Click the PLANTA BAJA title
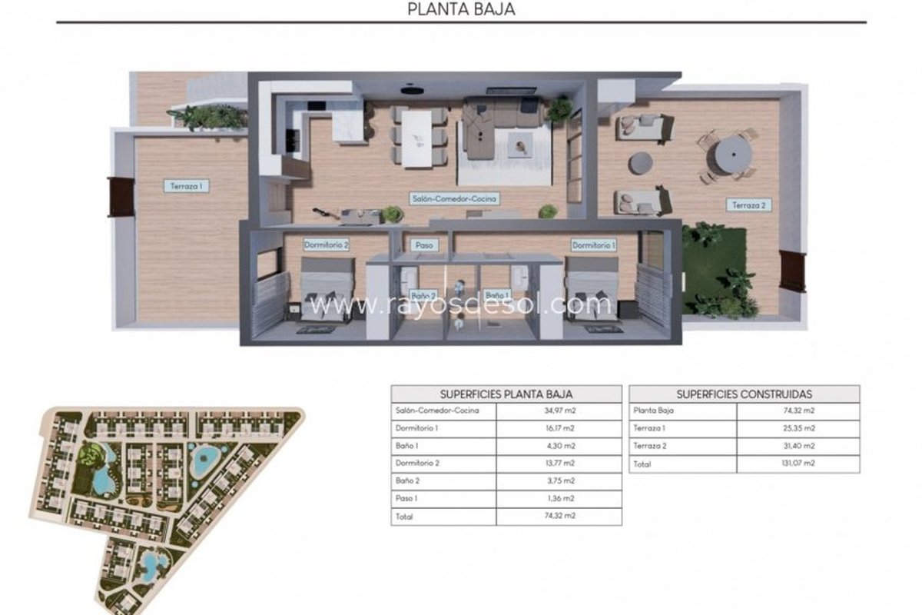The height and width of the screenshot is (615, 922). (x=461, y=9)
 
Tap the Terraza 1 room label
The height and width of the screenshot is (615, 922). (x=187, y=186)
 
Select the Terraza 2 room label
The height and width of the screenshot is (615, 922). (x=748, y=205)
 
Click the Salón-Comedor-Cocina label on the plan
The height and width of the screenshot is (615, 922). (x=454, y=198)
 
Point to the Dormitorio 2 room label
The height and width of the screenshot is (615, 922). (x=326, y=245)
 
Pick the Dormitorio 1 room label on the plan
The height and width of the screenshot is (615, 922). (x=593, y=245)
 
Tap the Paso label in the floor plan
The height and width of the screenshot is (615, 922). (x=424, y=245)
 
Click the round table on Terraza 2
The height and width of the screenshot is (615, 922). (x=733, y=155)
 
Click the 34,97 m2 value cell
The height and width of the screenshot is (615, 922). (x=560, y=411)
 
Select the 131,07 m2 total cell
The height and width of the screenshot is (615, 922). (x=798, y=463)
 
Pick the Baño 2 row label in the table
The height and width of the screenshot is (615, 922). (x=407, y=480)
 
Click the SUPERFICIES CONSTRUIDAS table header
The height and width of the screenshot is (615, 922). (x=745, y=394)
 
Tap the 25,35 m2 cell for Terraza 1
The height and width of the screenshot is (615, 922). (x=798, y=428)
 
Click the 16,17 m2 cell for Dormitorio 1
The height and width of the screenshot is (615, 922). (x=560, y=428)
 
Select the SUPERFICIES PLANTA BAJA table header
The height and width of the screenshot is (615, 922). (x=506, y=394)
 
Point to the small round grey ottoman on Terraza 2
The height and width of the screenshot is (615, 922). (x=640, y=163)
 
